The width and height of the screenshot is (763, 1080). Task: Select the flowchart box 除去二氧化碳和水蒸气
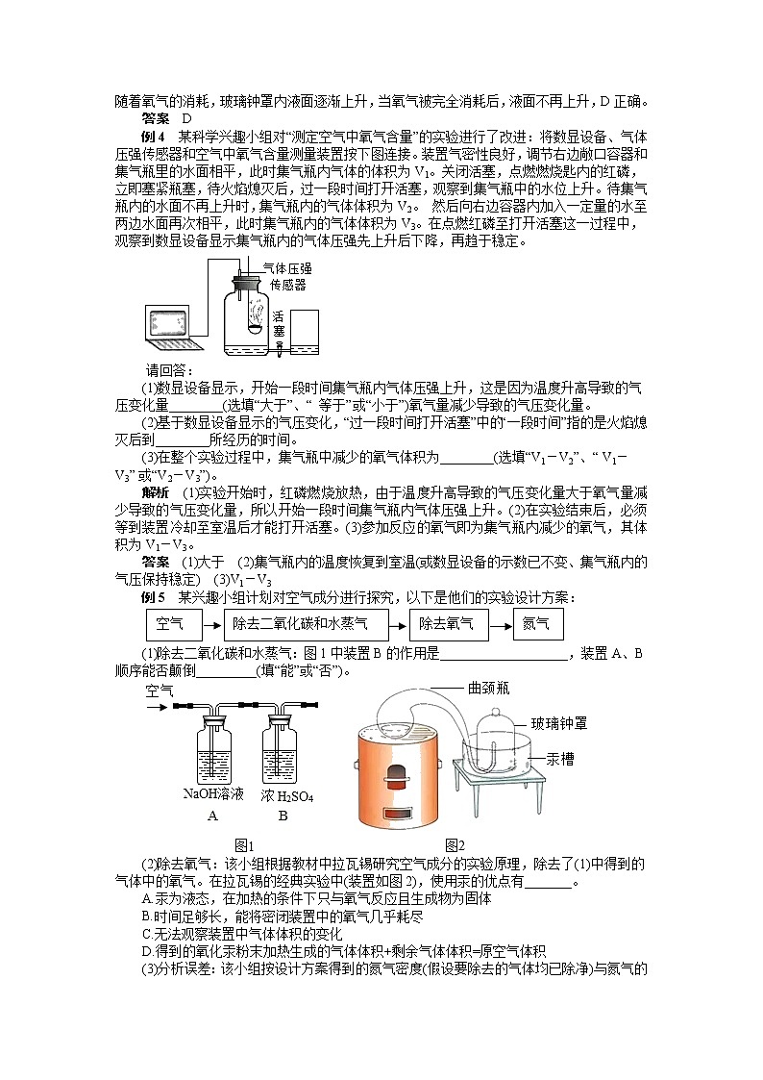tap(308, 625)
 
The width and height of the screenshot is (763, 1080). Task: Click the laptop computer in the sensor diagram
tap(175, 328)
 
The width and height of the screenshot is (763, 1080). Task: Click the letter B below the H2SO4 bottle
tap(283, 816)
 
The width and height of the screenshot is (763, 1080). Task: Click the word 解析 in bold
tap(155, 492)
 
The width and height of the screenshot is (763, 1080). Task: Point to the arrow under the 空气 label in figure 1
tap(155, 707)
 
